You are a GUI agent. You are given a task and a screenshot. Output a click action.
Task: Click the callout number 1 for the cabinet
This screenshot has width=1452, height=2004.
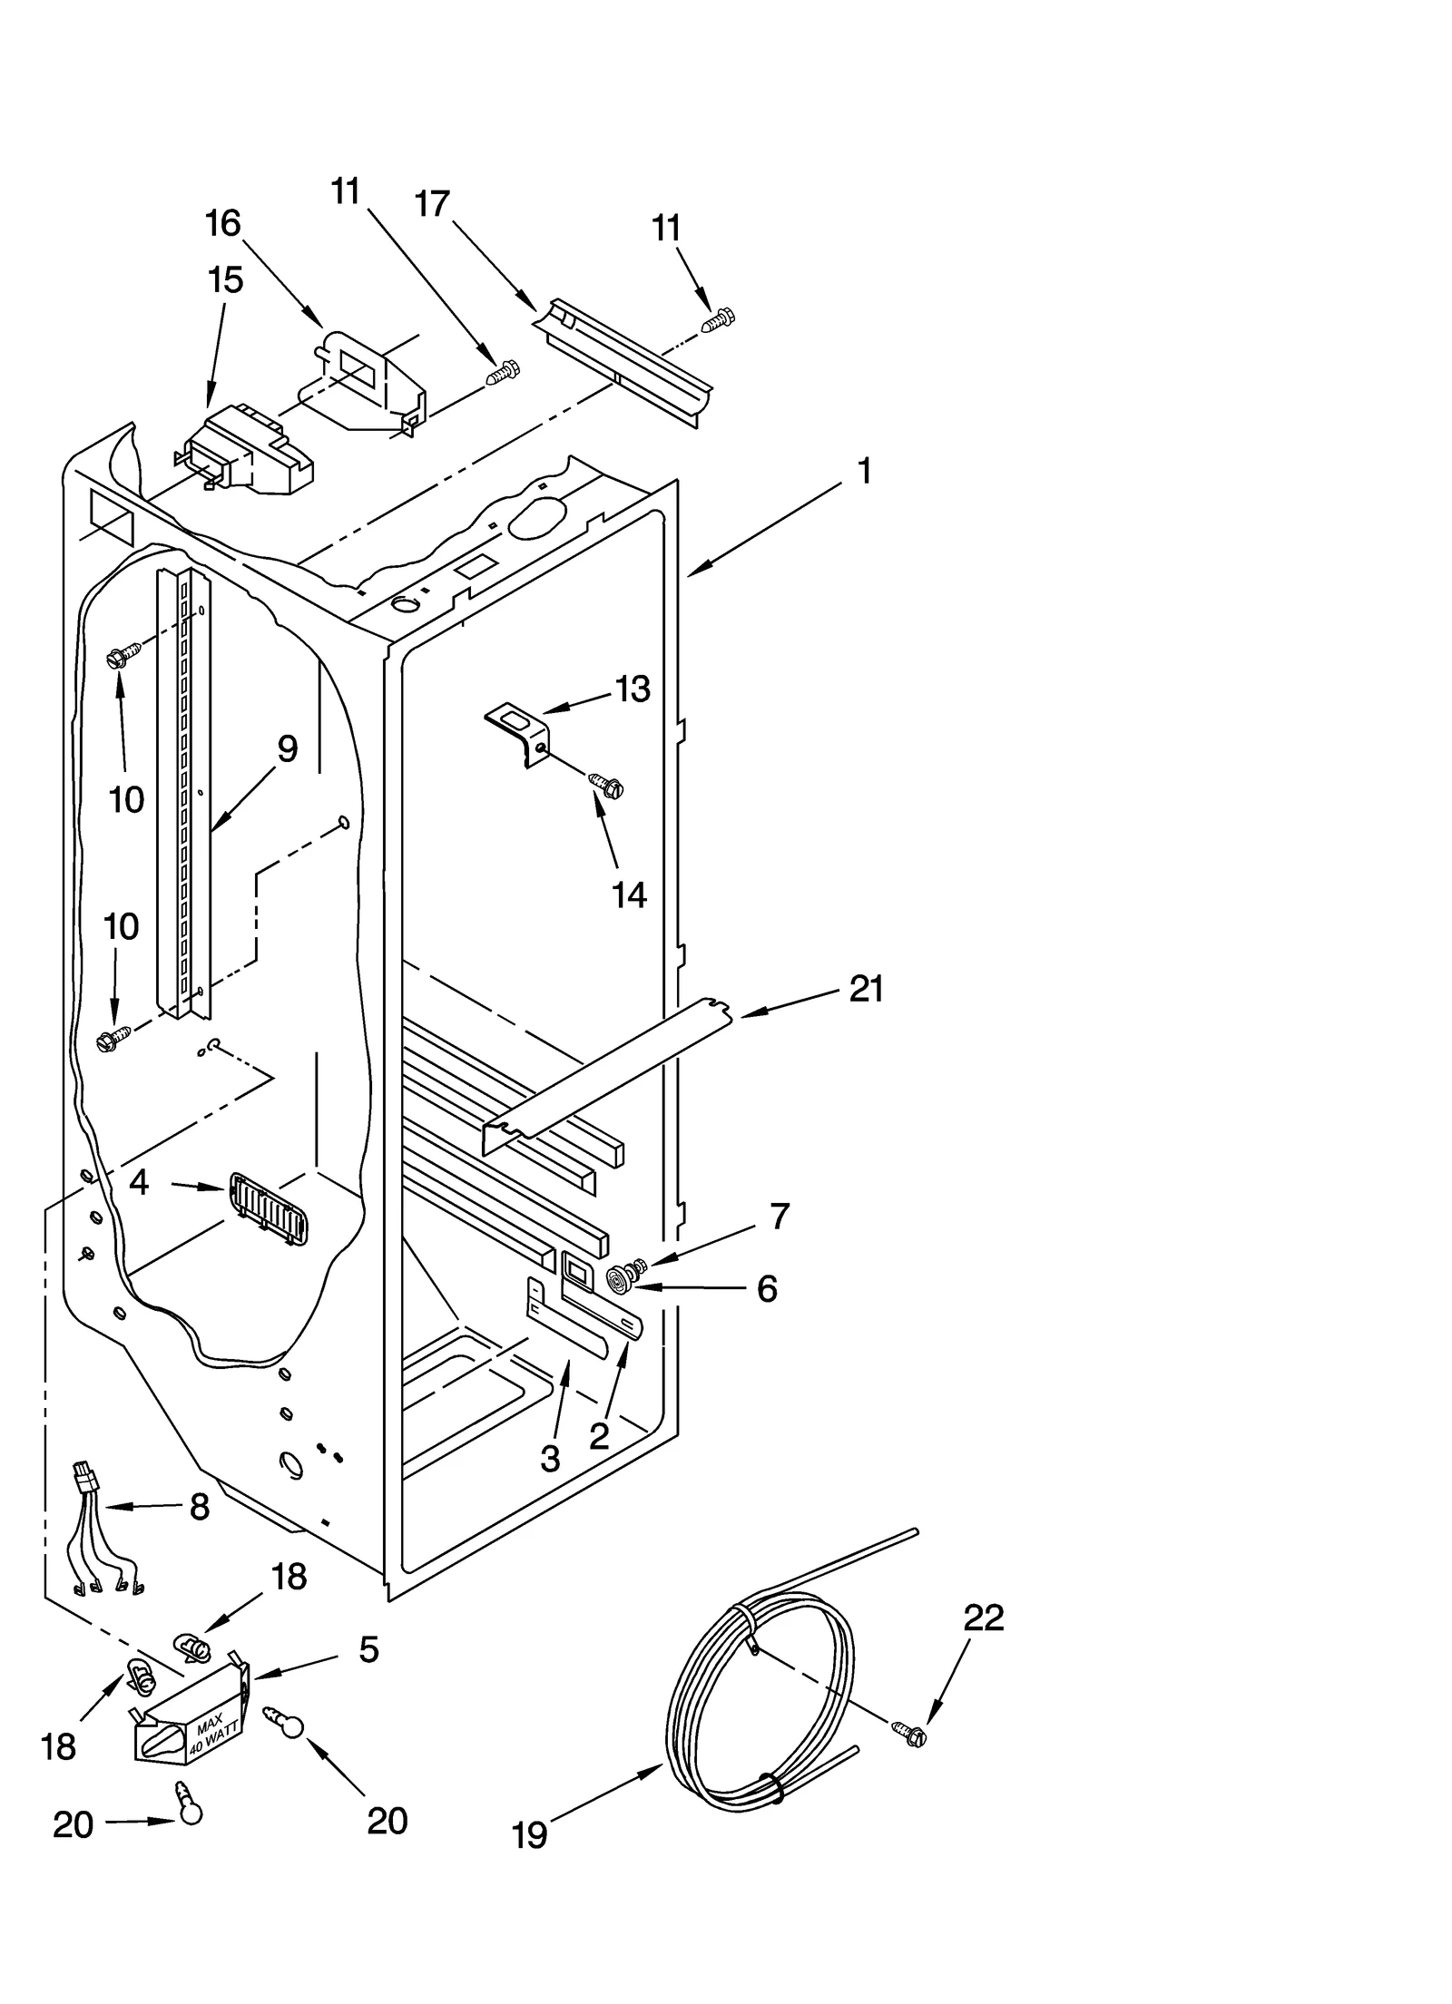[x=864, y=472]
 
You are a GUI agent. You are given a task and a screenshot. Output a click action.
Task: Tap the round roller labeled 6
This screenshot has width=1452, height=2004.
[x=620, y=1280]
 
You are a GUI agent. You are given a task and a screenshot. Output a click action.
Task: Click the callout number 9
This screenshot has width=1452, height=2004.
[x=287, y=749]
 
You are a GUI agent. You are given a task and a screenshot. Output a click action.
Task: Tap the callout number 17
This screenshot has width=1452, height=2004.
[x=433, y=204]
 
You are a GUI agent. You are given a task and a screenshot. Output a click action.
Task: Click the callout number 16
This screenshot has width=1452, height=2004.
[x=223, y=223]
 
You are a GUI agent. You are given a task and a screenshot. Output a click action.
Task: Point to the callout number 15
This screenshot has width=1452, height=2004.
[x=225, y=280]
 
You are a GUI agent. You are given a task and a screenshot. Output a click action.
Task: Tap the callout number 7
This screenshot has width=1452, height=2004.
[x=779, y=1216]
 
